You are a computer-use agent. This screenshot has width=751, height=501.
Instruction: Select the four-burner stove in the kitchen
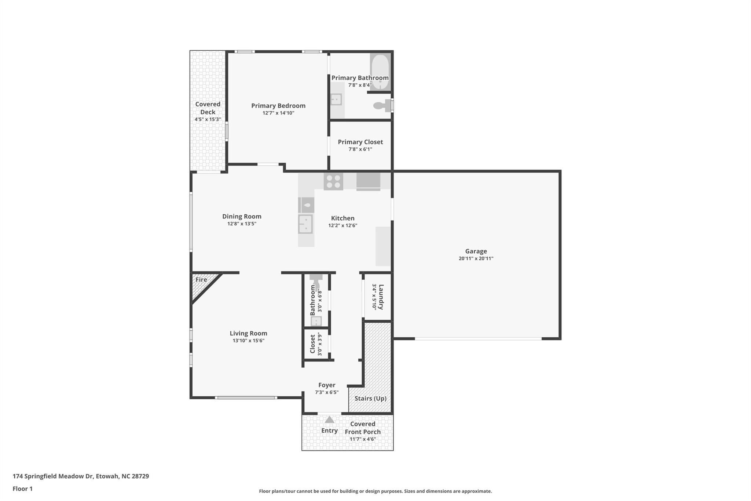coord(333,181)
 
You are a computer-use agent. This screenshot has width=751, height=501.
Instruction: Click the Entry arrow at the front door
coord(329,420)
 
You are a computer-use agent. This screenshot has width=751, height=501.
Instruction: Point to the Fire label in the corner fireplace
coord(201,280)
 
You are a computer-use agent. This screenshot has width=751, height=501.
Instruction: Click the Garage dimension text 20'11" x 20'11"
coord(476,258)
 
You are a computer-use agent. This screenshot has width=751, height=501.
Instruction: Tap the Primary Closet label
coord(360,142)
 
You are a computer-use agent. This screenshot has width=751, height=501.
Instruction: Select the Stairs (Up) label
coord(370,398)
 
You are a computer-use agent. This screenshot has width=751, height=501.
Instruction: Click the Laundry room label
coord(381,297)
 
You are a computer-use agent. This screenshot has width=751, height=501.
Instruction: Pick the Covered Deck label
coord(208,108)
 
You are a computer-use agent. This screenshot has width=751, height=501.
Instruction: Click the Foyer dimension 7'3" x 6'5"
coord(326,392)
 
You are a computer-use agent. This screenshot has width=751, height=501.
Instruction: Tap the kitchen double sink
coord(305,224)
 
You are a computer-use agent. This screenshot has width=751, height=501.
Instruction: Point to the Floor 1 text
coord(23,489)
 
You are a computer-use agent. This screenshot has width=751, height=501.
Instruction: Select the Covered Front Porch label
coord(362,428)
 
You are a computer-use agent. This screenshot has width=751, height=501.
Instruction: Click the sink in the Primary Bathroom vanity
coord(336,99)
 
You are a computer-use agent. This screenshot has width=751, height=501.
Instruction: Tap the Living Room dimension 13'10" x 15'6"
coord(248,341)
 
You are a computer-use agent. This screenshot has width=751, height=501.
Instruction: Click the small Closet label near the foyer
coord(312,344)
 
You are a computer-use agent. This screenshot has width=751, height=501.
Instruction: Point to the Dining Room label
coord(242,217)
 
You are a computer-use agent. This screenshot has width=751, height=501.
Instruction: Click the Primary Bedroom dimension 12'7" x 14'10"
coord(278,113)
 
